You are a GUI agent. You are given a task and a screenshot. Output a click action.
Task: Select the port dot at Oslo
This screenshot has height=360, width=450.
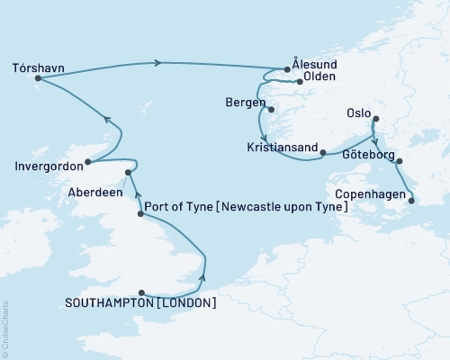[376, 118]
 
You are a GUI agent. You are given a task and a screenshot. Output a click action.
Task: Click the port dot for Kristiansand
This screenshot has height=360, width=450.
[323, 153]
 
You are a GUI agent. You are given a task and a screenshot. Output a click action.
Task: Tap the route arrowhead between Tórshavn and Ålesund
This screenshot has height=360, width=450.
[159, 62]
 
